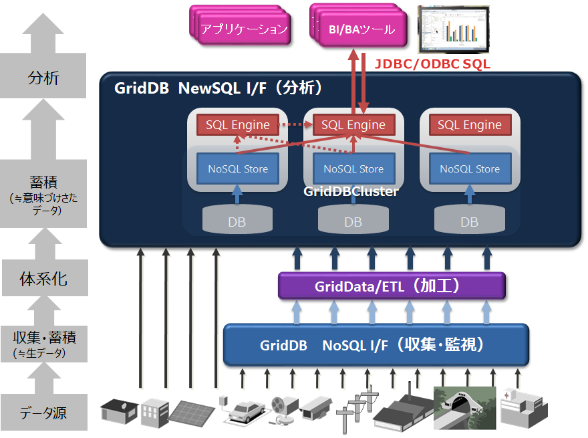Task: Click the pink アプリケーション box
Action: (x=244, y=29)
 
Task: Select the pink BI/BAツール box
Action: (x=361, y=30)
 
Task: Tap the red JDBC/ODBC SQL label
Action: (x=432, y=64)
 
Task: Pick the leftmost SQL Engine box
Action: (x=237, y=124)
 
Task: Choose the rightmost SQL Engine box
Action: (x=469, y=124)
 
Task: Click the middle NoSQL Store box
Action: (x=353, y=169)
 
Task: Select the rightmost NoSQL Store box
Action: (x=469, y=169)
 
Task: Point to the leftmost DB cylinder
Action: (x=237, y=219)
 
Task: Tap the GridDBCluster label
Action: (x=351, y=192)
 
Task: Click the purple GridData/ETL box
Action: (x=391, y=286)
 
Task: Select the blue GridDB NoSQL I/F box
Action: (x=376, y=345)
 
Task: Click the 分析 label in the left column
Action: (x=43, y=78)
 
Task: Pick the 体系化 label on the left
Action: (x=43, y=278)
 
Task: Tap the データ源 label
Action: (x=43, y=413)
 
